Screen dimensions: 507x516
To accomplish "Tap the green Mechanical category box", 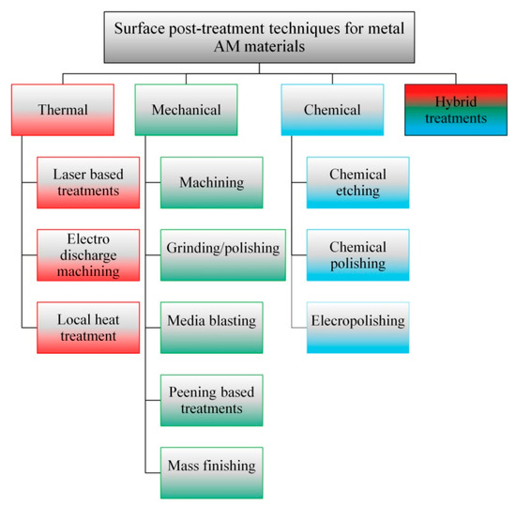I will coord(184,109).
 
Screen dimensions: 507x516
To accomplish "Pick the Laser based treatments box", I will coord(83,181).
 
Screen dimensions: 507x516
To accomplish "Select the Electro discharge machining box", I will coord(83,253).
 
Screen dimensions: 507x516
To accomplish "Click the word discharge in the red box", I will coord(83,253).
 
